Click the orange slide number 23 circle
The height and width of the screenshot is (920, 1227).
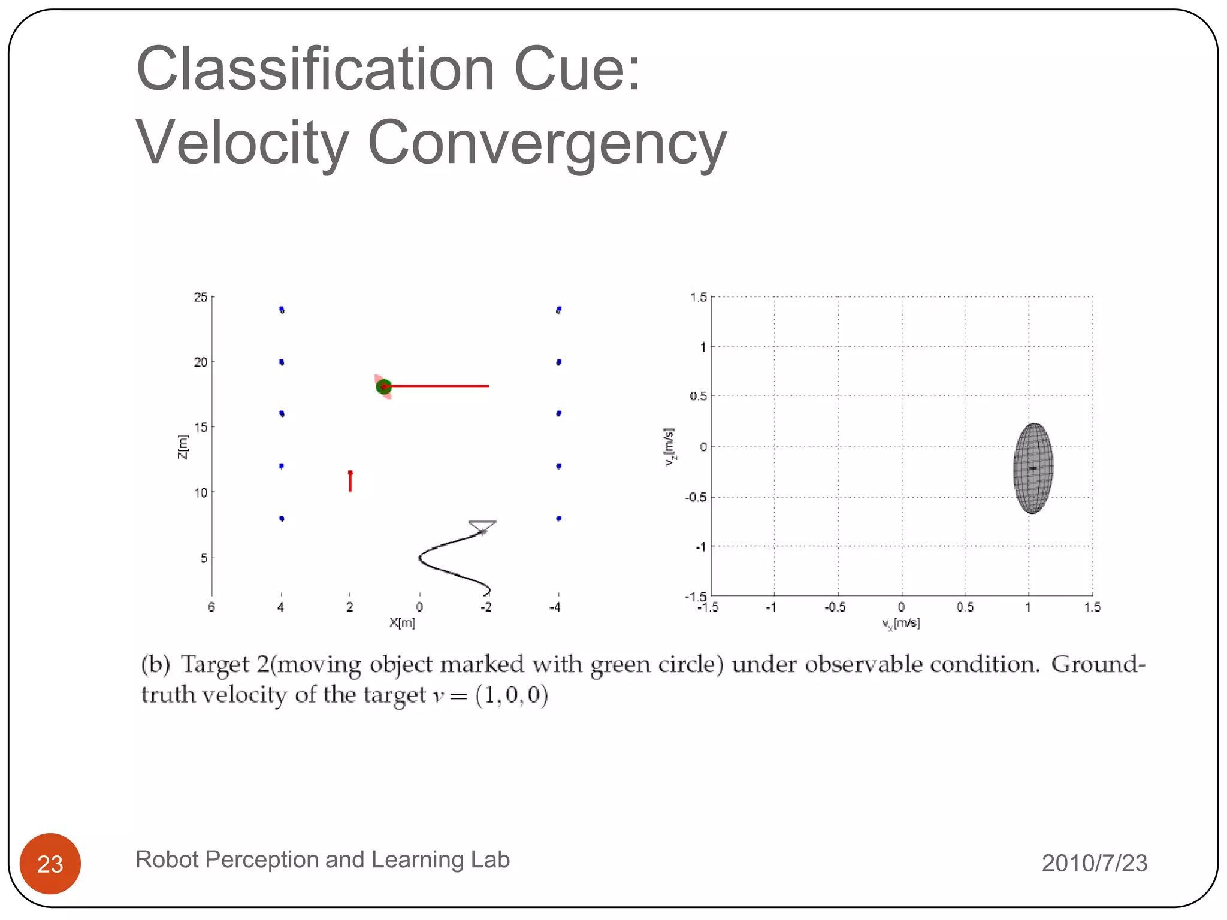pos(50,863)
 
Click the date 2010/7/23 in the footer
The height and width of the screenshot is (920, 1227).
pos(1094,863)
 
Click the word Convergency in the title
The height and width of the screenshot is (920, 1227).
pos(546,143)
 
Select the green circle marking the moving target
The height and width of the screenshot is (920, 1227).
pos(383,386)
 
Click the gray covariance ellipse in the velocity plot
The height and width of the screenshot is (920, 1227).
pos(1033,468)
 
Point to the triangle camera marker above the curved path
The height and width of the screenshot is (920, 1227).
pos(482,526)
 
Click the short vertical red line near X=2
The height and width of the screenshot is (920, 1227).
pos(350,482)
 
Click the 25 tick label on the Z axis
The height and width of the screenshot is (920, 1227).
pos(201,297)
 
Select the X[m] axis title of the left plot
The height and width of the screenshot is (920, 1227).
pos(403,622)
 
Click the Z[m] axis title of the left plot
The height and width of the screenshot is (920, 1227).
pos(183,447)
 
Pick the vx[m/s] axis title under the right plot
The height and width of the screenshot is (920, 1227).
pos(900,624)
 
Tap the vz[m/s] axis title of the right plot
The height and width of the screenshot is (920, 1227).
pos(670,447)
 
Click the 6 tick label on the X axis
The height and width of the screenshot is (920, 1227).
pos(211,607)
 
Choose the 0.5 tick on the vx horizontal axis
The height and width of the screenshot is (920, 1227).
pos(965,607)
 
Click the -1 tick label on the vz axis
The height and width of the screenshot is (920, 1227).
pos(700,547)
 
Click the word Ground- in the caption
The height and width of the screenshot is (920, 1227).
pos(1098,664)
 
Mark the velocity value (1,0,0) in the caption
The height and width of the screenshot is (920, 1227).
pos(511,695)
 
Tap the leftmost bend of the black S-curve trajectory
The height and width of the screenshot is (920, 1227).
pos(420,558)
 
